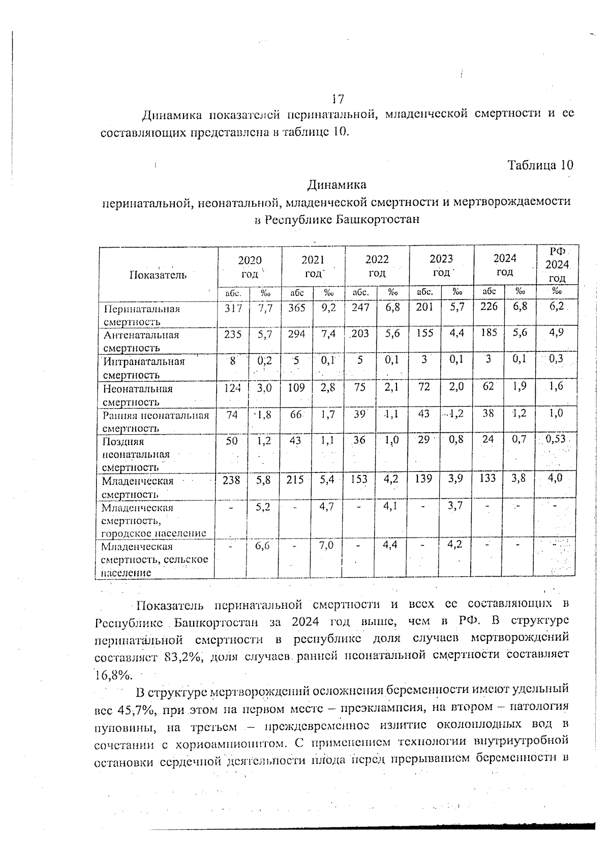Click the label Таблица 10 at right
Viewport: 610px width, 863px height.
click(540, 165)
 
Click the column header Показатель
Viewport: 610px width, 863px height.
click(158, 275)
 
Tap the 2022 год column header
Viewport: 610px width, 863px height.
click(377, 265)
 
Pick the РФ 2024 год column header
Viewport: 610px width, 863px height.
click(557, 264)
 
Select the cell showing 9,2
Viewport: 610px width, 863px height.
click(329, 308)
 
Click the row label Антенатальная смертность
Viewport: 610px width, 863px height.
click(141, 341)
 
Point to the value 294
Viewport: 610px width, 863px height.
click(297, 334)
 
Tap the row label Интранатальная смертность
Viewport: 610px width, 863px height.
click(144, 368)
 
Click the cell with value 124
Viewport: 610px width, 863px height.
click(233, 388)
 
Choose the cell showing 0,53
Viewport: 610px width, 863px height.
click(556, 439)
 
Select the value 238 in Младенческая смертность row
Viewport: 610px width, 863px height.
click(231, 479)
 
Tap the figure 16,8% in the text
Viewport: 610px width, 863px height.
click(113, 675)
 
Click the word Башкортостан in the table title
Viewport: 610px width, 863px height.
click(377, 220)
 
